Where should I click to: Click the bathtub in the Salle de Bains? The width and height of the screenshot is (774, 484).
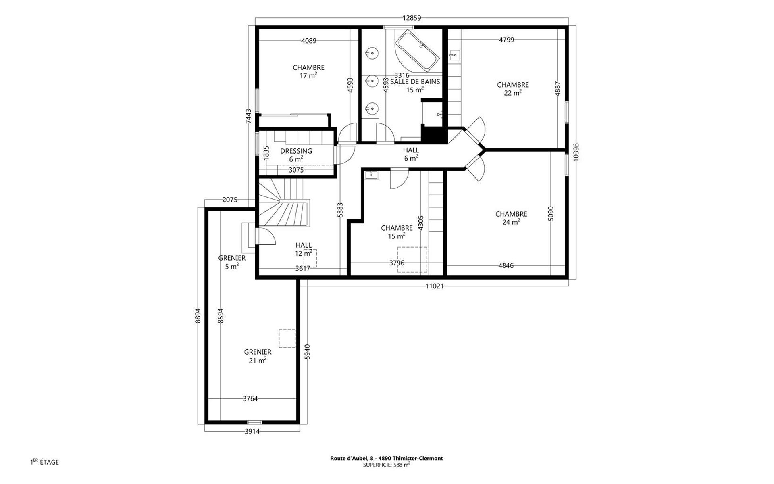tap(417, 50)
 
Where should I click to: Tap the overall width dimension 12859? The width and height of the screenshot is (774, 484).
tap(412, 18)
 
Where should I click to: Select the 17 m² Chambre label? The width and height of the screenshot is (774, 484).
tap(308, 71)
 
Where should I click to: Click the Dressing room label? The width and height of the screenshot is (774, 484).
tap(296, 155)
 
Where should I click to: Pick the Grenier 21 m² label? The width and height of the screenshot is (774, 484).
tap(258, 356)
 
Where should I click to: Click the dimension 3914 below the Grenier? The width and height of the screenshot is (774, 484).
tap(252, 431)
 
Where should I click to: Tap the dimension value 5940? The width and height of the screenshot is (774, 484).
tap(308, 352)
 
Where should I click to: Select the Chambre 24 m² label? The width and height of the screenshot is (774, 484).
tap(511, 218)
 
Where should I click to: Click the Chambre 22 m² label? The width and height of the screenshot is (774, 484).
tap(513, 89)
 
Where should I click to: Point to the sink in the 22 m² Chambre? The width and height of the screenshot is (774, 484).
tap(455, 55)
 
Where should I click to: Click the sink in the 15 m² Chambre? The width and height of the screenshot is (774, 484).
tap(370, 175)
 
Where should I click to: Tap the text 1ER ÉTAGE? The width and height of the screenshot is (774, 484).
tap(44, 462)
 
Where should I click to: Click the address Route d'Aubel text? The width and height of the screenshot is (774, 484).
tap(387, 458)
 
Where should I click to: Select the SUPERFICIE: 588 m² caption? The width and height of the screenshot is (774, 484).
tap(387, 465)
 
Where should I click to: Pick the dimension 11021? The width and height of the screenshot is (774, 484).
tap(435, 286)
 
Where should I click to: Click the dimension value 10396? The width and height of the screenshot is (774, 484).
tap(576, 152)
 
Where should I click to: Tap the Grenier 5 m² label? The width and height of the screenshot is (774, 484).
tap(232, 262)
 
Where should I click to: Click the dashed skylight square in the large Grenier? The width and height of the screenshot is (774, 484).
tap(287, 338)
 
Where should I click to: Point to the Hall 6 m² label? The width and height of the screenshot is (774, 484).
tap(411, 154)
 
